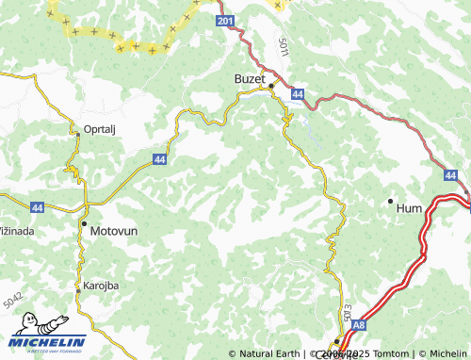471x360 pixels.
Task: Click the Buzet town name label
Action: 250,79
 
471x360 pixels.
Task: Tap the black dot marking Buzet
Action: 271,86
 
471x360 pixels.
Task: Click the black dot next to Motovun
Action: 84,223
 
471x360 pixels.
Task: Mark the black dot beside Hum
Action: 390,201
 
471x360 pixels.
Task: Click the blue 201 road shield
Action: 223,21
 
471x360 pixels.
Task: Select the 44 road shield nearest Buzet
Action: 297,94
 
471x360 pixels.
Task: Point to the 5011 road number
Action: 284,45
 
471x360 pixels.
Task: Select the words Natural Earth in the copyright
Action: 269,353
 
